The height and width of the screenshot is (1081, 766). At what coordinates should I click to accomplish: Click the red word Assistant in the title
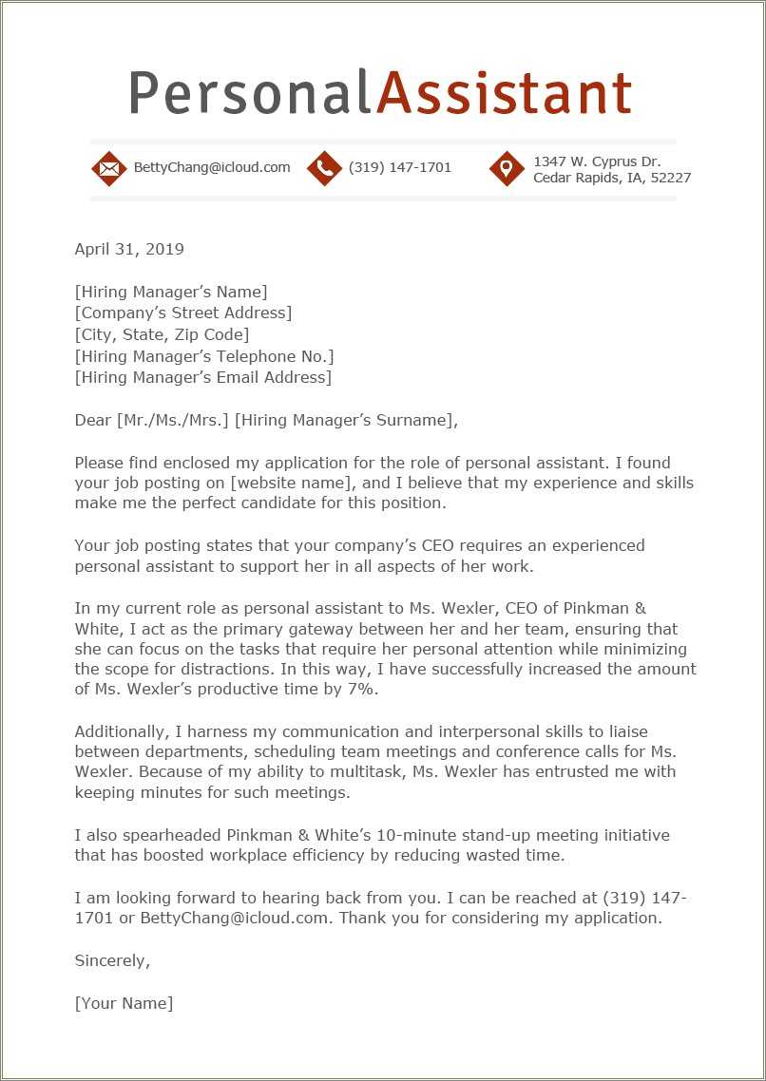tap(504, 93)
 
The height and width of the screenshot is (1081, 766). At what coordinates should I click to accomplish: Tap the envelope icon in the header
tap(109, 168)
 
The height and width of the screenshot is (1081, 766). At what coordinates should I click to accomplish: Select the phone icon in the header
tap(324, 168)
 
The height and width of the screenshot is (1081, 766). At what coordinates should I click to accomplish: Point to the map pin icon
tap(507, 168)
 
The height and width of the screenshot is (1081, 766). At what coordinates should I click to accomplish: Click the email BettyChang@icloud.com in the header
tap(212, 167)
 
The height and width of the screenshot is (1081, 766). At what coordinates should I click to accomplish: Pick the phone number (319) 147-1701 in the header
tap(400, 167)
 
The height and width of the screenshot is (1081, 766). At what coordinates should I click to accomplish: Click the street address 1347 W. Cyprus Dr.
tap(597, 161)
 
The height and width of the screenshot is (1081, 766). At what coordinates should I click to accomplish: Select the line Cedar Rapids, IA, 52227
tap(612, 178)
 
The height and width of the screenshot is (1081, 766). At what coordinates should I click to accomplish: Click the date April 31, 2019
tap(129, 250)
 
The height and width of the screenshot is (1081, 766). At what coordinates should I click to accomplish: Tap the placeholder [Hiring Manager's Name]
tap(171, 292)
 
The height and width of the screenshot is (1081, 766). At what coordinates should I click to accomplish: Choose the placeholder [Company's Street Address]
tap(183, 313)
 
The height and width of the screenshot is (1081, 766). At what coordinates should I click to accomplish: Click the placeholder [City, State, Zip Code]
tap(162, 334)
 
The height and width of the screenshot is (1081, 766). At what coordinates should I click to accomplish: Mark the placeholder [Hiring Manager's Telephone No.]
tap(204, 356)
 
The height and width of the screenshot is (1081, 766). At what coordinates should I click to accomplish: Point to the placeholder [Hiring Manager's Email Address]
tap(203, 377)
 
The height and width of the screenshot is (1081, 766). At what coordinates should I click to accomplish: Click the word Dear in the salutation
tap(93, 420)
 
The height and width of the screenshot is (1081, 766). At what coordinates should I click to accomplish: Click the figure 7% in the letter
tap(360, 690)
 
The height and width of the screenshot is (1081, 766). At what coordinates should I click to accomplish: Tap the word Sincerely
tap(112, 960)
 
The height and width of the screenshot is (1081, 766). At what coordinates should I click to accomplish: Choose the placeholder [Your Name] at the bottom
tap(124, 1003)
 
